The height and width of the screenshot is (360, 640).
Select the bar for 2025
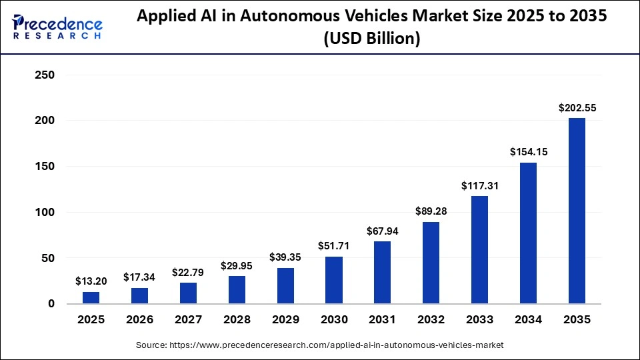click(x=91, y=297)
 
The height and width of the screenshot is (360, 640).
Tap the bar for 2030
click(x=334, y=280)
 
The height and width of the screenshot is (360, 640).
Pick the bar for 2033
click(x=479, y=250)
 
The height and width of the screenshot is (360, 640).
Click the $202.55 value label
click(x=577, y=107)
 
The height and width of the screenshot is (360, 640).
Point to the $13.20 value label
click(x=91, y=281)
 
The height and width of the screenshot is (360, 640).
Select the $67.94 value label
click(x=383, y=231)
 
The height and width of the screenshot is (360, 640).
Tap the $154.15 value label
click(x=528, y=152)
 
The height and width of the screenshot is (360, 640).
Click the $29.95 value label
click(x=237, y=266)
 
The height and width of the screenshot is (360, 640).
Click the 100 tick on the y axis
click(x=44, y=213)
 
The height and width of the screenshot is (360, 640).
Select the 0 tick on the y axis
click(x=51, y=304)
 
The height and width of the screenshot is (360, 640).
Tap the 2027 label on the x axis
click(x=188, y=320)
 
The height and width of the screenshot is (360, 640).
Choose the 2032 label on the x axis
click(x=431, y=320)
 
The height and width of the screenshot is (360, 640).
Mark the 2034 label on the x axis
click(x=528, y=320)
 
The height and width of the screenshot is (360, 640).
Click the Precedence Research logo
click(x=57, y=27)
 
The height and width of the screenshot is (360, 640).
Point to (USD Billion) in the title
click(x=371, y=39)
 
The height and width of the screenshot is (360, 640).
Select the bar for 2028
click(x=237, y=290)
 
